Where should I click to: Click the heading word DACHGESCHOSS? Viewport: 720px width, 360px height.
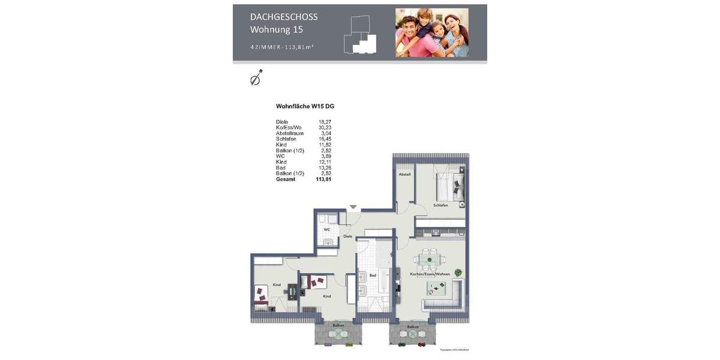[x=284, y=17]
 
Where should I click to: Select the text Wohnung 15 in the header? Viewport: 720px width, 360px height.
[x=277, y=29]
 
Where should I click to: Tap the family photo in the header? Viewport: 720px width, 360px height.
[x=431, y=32]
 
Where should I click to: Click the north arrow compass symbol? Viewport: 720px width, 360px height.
[x=256, y=78]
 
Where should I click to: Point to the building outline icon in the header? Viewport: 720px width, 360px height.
[x=360, y=35]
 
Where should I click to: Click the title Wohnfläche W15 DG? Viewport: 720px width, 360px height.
[x=305, y=106]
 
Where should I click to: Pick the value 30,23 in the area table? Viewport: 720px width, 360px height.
[x=325, y=128]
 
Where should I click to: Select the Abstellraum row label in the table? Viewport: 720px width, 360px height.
[x=290, y=133]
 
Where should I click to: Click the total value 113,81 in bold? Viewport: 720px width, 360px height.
[x=323, y=179]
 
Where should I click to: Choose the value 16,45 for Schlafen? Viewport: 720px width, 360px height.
[x=325, y=139]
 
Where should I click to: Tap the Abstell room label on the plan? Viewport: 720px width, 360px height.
[x=404, y=175]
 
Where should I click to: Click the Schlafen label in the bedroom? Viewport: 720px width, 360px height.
[x=440, y=205]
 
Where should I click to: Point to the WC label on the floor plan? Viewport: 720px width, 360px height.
[x=327, y=229]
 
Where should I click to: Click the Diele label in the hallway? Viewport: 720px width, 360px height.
[x=347, y=236]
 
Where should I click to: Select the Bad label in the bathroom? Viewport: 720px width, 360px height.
[x=373, y=275]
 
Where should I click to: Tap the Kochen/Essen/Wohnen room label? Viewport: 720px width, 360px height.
[x=430, y=274]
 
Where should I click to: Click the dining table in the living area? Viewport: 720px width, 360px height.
[x=430, y=259]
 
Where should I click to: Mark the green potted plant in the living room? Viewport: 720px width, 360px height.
[x=458, y=272]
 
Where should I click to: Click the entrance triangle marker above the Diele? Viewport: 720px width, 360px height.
[x=353, y=207]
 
